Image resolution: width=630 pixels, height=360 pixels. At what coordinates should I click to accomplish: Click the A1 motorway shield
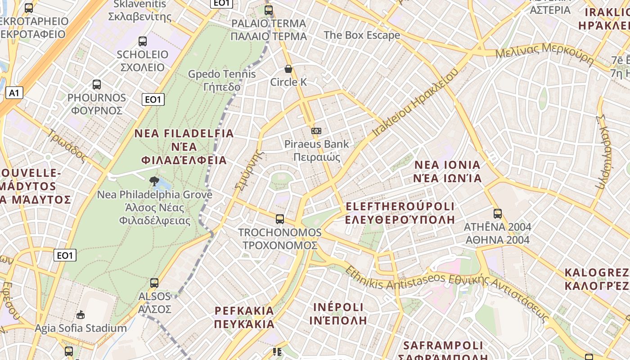(14, 93)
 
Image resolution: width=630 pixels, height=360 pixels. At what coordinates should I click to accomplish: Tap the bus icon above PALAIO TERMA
(269, 10)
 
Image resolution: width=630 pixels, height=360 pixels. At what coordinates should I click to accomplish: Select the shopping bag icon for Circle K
(288, 69)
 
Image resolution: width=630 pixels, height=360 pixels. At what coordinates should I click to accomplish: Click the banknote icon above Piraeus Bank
(316, 130)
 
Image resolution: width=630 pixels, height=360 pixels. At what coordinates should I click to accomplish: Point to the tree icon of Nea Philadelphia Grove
(154, 181)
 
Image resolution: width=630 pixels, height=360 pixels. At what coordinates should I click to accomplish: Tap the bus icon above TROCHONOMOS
(280, 219)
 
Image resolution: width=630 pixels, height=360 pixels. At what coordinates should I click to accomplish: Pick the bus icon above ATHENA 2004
(498, 214)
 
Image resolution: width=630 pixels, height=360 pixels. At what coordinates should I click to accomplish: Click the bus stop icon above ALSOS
(154, 283)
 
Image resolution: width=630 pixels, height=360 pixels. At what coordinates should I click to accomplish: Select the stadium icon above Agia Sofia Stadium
(81, 315)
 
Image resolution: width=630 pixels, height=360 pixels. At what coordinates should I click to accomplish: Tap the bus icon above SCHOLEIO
(143, 41)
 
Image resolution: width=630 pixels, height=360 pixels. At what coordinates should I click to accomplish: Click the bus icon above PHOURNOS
(97, 84)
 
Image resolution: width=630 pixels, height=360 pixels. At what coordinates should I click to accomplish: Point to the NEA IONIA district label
(447, 171)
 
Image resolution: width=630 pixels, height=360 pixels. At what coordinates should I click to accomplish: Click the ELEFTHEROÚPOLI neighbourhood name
(400, 213)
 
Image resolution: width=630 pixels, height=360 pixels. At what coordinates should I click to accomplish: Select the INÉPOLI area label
(338, 314)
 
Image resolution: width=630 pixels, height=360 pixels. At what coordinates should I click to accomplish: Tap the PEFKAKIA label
(244, 317)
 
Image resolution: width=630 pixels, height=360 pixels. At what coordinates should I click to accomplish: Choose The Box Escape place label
(362, 35)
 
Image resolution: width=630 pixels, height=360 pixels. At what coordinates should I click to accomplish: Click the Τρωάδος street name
(67, 145)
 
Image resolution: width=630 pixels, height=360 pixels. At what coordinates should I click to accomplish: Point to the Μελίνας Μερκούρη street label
(544, 53)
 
